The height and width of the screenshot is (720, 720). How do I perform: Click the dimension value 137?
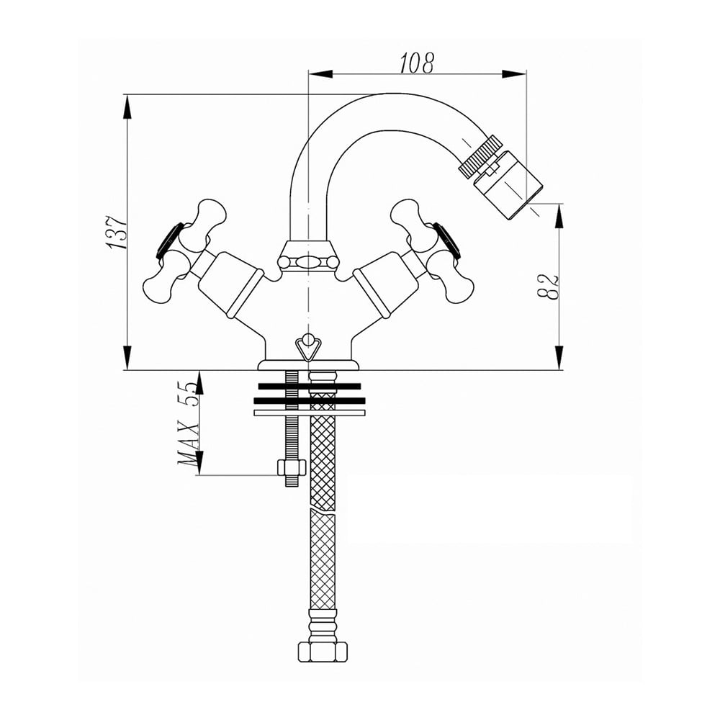[117, 232]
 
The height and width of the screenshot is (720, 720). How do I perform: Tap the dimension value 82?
[548, 287]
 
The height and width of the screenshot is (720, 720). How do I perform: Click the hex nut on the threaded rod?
[292, 468]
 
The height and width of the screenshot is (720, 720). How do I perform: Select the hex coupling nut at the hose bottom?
[323, 652]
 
